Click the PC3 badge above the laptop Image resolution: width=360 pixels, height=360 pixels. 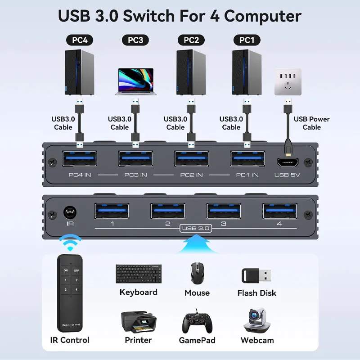tap(135, 40)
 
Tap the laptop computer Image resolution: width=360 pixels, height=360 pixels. tap(136, 81)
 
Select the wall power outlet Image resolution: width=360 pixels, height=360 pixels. tap(288, 81)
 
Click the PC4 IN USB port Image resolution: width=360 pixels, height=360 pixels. tap(80, 158)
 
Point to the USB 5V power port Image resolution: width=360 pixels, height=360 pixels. tap(288, 162)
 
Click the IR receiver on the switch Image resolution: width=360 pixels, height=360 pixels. tap(70, 212)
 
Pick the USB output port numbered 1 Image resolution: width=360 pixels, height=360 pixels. tap(112, 211)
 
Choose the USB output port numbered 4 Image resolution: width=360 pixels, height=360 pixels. tap(280, 211)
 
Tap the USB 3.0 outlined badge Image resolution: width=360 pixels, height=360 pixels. tap(196, 228)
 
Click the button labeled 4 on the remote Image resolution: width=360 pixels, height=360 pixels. tap(76, 290)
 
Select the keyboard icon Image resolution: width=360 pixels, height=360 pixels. tap(139, 274)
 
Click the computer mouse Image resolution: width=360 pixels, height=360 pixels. tap(197, 273)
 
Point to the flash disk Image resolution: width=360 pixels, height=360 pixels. tap(256, 275)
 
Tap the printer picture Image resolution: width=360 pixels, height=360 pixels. tap(139, 322)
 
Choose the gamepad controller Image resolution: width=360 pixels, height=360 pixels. tap(197, 321)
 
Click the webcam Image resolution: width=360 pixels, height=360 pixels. tap(257, 320)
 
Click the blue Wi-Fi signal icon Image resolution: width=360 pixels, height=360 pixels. tap(70, 243)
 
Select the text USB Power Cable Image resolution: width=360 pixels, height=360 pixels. tap(311, 123)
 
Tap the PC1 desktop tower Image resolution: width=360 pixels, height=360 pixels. tap(247, 72)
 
